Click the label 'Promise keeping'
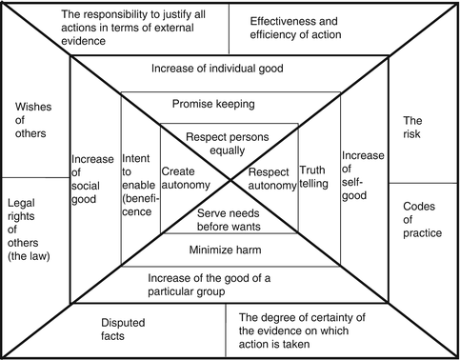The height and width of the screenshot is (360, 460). (x=229, y=103)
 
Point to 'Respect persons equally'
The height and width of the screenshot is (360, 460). (x=229, y=143)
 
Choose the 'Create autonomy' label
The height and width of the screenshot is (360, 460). (x=192, y=179)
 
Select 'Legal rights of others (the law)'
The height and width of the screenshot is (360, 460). (x=33, y=230)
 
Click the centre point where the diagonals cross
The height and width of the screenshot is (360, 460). (x=230, y=178)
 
